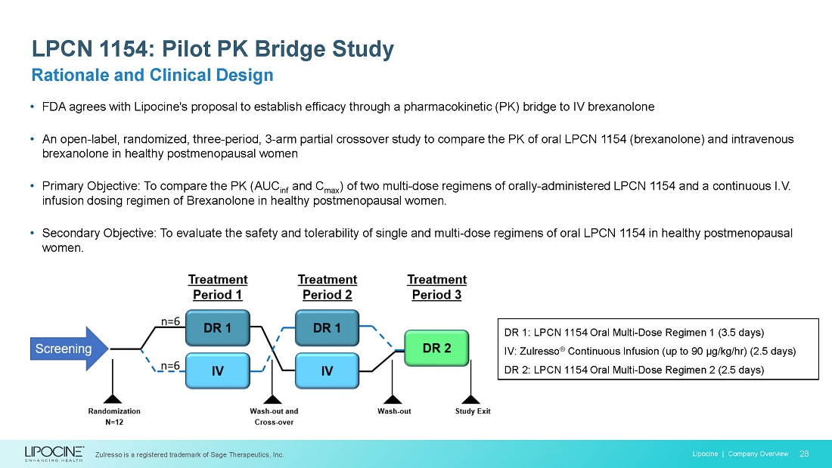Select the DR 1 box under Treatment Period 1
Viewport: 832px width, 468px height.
coord(217,328)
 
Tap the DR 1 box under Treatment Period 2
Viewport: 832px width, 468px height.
coord(327,328)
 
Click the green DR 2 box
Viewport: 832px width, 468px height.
coord(436,349)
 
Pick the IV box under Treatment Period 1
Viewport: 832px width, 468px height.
coord(217,370)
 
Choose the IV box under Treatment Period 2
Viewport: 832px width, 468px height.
coord(327,370)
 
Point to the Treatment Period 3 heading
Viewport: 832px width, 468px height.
coord(436,287)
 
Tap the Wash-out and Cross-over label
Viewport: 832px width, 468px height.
coord(273,417)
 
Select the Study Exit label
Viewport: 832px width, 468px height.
coord(473,411)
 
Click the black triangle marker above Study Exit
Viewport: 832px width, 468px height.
coord(470,399)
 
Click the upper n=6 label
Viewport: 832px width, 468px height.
coord(169,321)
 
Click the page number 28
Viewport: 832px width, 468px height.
coord(804,454)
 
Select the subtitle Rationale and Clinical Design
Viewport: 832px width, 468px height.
coord(151,76)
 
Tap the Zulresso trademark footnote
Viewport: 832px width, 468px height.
coord(189,454)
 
